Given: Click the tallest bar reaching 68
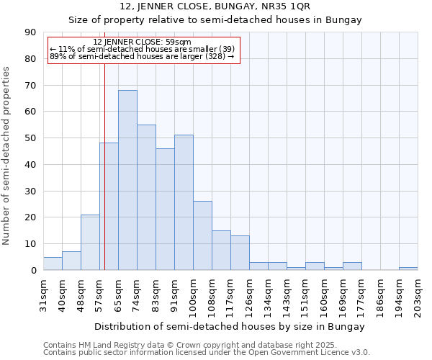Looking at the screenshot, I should tap(127, 180).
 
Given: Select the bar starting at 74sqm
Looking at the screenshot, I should tap(146, 197).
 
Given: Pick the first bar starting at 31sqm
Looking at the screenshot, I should tap(53, 264).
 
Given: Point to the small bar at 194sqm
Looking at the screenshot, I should tap(408, 269).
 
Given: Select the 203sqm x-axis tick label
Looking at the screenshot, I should tap(418, 294).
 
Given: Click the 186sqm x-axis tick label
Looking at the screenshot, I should tap(380, 294).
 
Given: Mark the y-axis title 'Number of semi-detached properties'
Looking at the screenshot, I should tap(7, 155).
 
